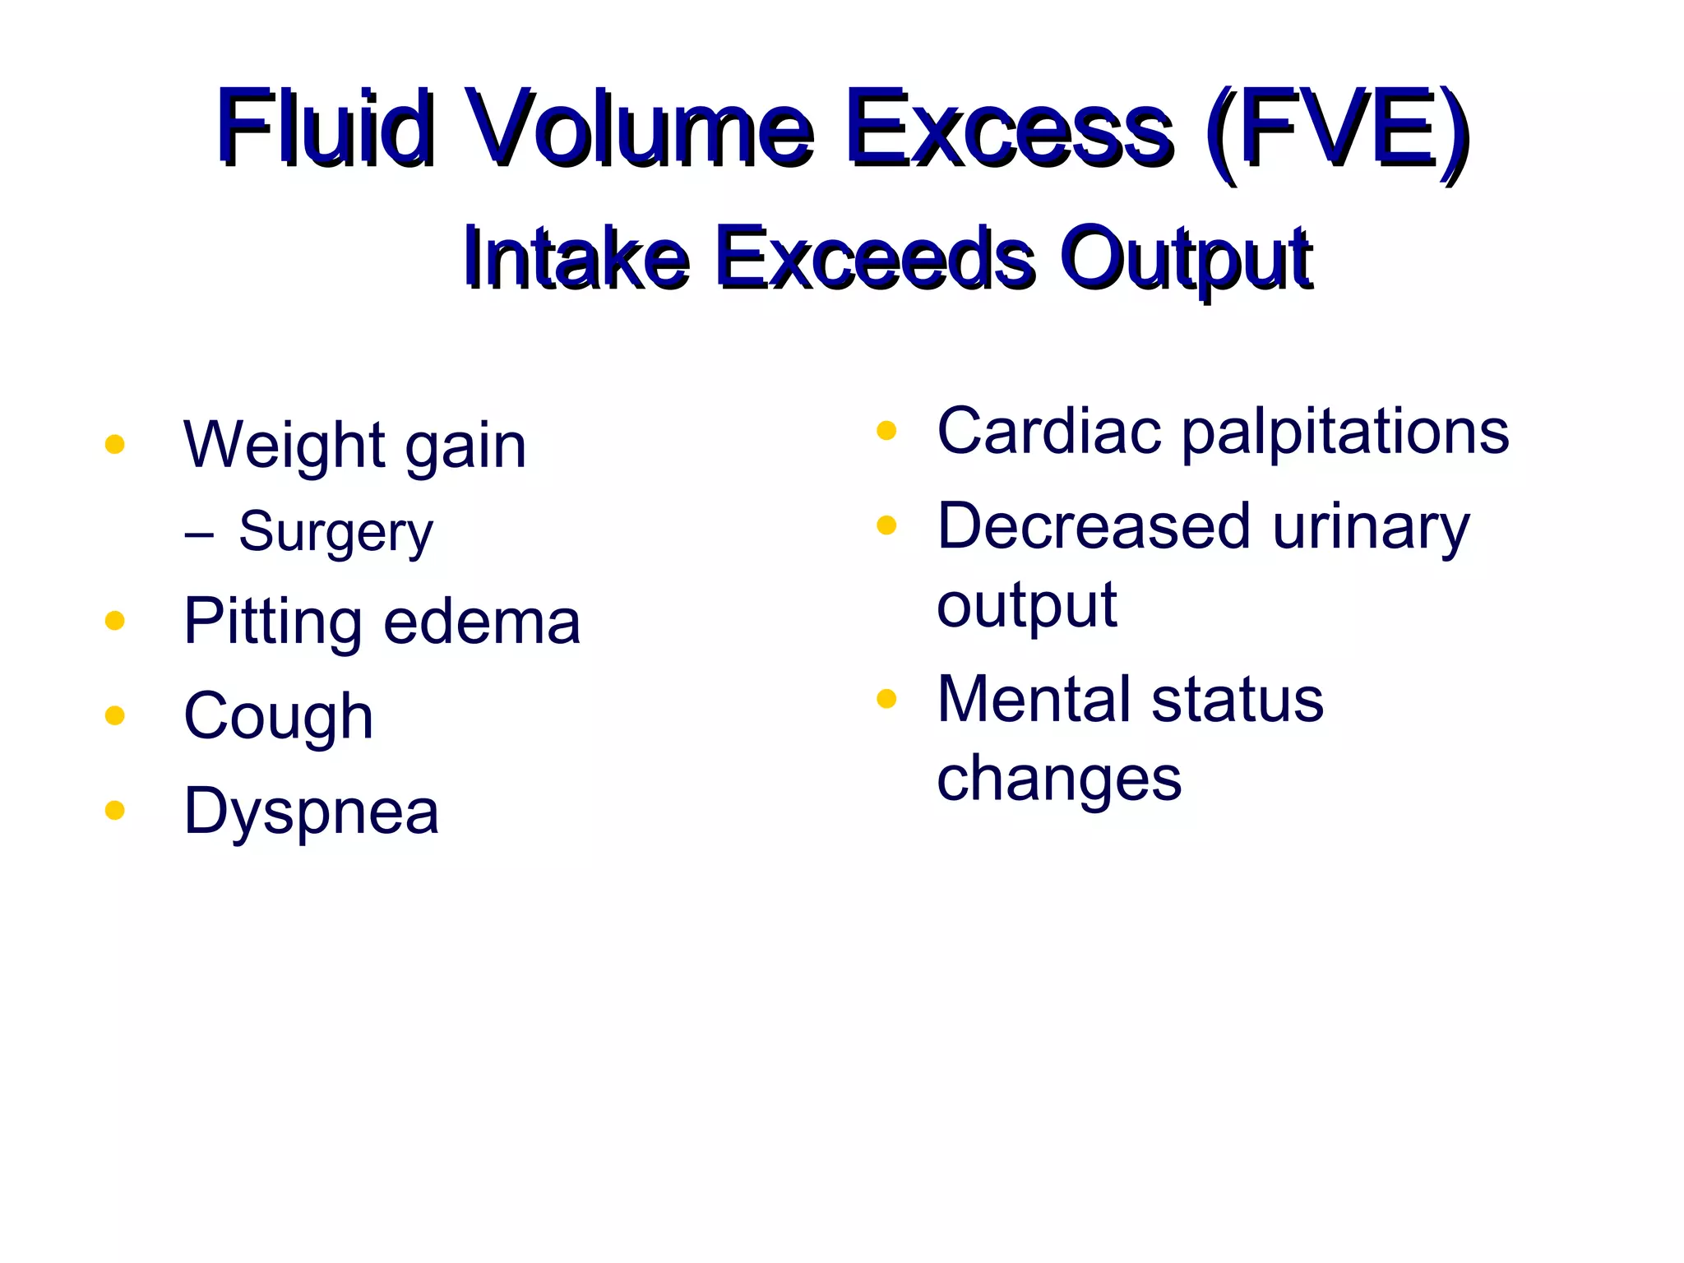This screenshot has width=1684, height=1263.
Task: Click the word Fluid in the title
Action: [x=325, y=127]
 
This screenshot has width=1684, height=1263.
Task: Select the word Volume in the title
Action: [x=639, y=127]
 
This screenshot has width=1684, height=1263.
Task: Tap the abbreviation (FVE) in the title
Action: [x=1335, y=132]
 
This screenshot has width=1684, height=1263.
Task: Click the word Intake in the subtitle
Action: [x=576, y=257]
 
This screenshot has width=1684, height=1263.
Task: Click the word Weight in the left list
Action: [x=281, y=446]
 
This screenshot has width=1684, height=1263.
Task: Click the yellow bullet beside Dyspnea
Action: [x=115, y=811]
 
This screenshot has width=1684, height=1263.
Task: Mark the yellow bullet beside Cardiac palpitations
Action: [x=886, y=430]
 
